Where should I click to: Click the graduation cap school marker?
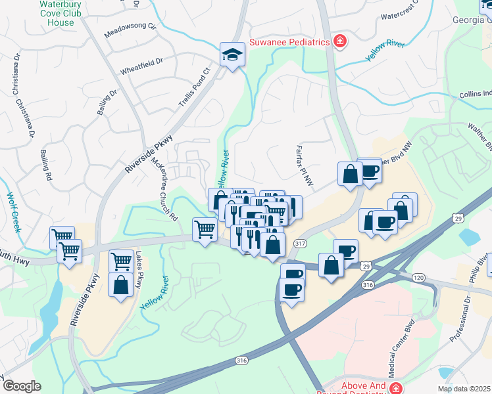coord(232,55)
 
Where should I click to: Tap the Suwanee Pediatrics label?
coord(289,43)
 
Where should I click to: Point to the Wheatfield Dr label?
coord(141,66)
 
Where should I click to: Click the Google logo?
coord(22,386)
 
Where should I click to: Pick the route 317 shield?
coord(301,244)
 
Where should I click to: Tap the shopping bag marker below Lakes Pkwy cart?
coord(120,286)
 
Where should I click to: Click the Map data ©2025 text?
coord(464,389)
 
